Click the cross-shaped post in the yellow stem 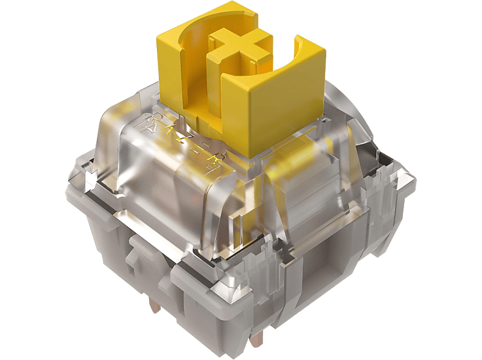pos(240,48)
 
